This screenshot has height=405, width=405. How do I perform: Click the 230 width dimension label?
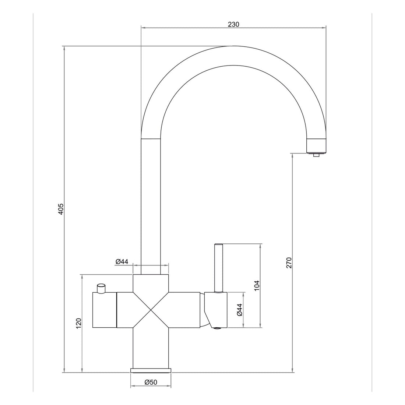pyautogui.click(x=233, y=24)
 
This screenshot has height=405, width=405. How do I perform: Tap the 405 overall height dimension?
pyautogui.click(x=61, y=209)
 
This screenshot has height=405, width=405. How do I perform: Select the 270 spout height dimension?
pyautogui.click(x=289, y=263)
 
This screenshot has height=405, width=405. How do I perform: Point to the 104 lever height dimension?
pyautogui.click(x=257, y=285)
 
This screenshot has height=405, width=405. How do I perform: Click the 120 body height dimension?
pyautogui.click(x=78, y=323)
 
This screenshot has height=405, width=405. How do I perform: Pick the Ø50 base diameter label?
pyautogui.click(x=151, y=383)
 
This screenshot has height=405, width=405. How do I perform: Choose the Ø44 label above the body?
pyautogui.click(x=121, y=261)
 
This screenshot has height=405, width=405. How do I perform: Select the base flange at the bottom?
pyautogui.click(x=151, y=370)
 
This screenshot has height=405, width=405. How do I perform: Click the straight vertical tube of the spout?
pyautogui.click(x=151, y=206)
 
